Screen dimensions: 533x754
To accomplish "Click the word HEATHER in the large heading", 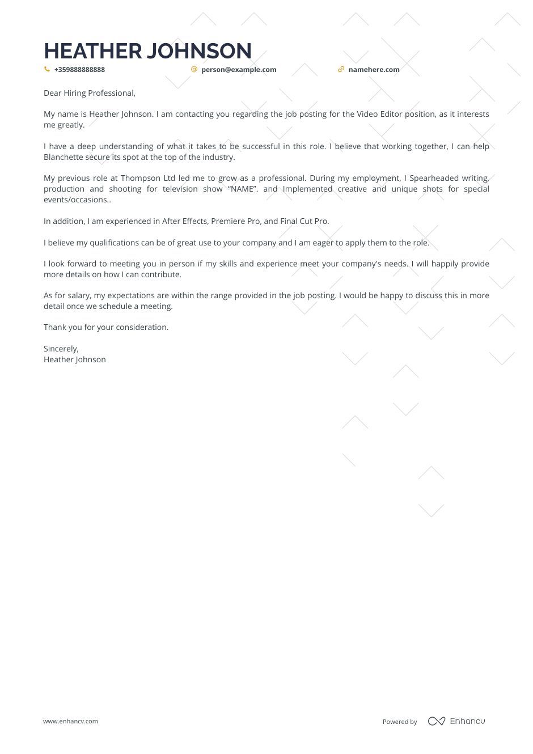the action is tap(93, 51).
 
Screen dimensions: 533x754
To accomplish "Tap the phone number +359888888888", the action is tap(79, 70).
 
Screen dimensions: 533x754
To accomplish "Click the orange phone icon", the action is tap(47, 69).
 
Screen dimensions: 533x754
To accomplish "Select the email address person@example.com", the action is tap(239, 70).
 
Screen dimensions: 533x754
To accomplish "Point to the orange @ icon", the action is tap(194, 69).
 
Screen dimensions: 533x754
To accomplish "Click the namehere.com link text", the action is tap(374, 70).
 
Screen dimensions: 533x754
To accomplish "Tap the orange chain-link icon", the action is tap(341, 69).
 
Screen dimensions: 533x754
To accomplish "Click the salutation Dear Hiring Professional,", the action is tap(90, 93).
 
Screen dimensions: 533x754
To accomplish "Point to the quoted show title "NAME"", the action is tap(243, 189).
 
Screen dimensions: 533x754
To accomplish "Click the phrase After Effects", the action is tap(185, 221).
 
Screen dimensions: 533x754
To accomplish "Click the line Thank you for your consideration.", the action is tap(106, 327).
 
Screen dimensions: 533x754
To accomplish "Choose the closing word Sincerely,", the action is tap(61, 349).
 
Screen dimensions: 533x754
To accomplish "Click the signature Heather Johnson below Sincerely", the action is tap(75, 359).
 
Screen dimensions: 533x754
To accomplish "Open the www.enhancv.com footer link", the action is tap(70, 721).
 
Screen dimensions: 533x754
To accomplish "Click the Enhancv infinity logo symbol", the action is tap(437, 721).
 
